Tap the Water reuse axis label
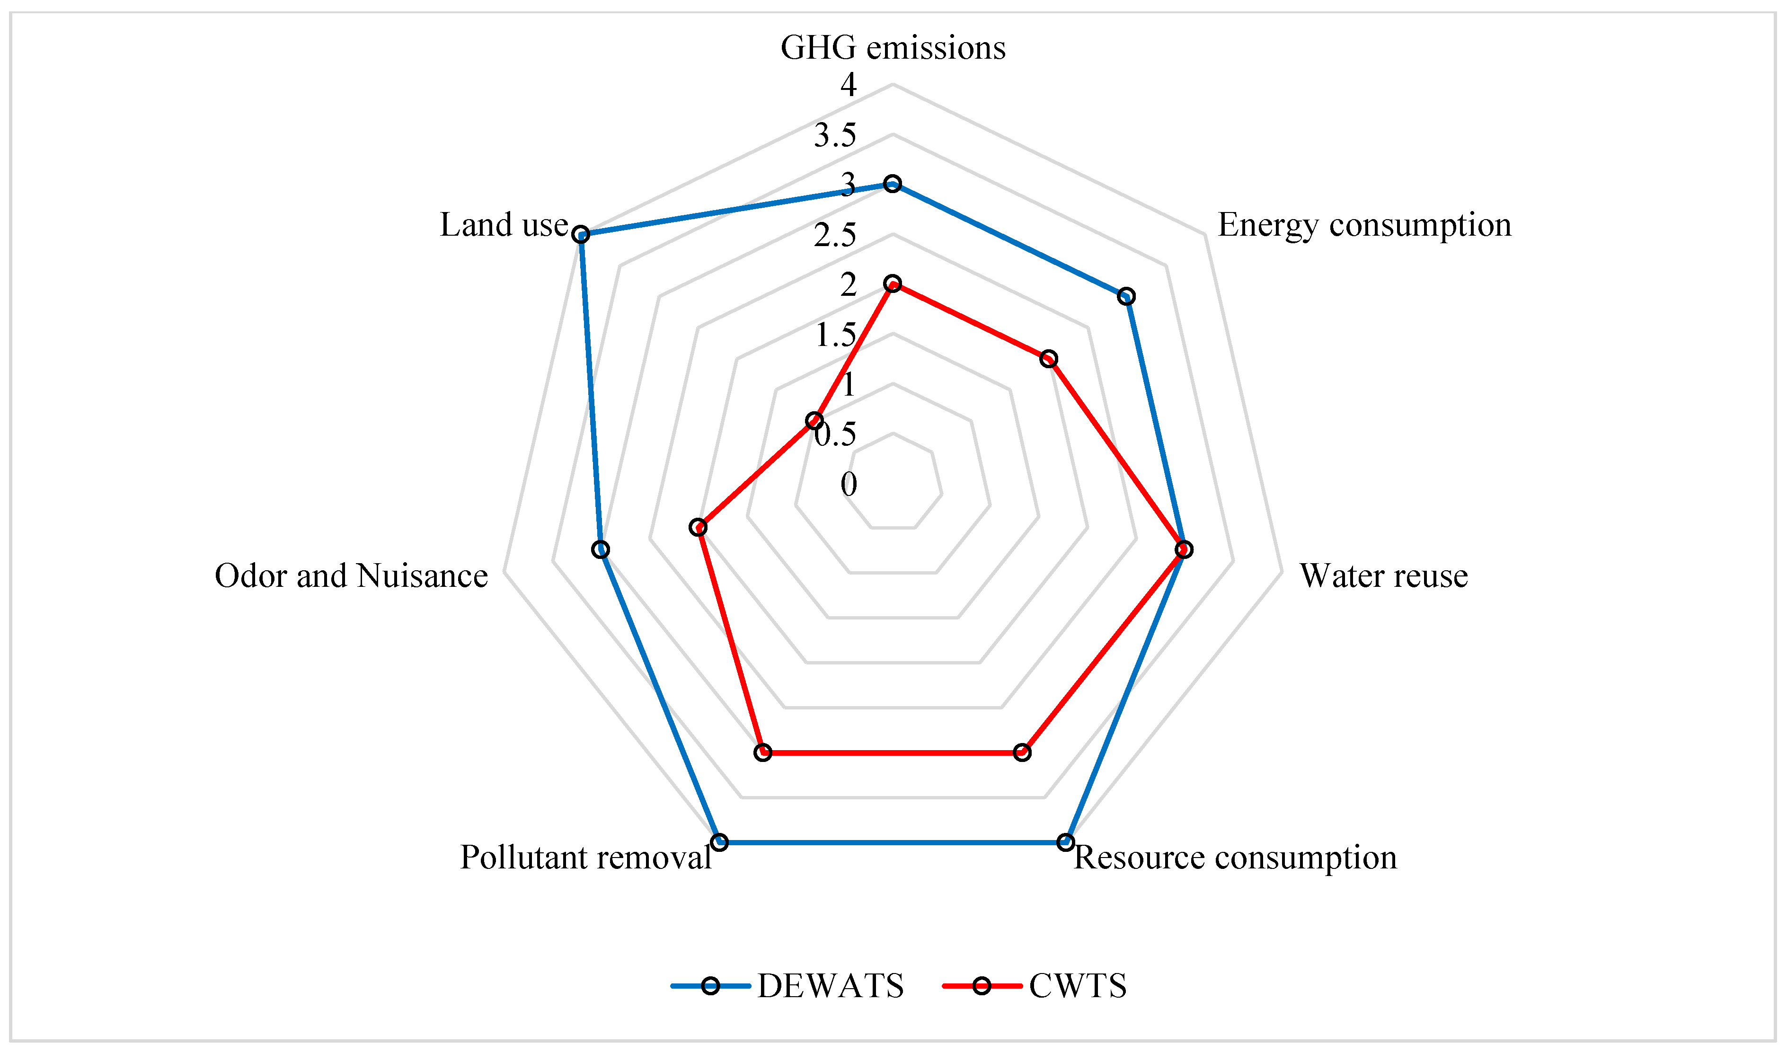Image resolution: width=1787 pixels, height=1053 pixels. click(x=1383, y=576)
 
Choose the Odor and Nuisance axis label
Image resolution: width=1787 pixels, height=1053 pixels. click(x=351, y=576)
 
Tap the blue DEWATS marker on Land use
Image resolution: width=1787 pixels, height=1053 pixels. click(x=581, y=234)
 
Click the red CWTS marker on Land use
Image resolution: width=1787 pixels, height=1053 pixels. click(x=814, y=422)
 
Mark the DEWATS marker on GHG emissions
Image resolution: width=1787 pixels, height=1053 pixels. click(x=893, y=184)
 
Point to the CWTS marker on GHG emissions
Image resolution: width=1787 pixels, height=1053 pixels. click(x=893, y=284)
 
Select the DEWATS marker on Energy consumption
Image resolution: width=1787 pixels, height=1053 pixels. click(x=1126, y=297)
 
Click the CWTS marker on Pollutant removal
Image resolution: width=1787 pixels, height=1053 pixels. click(x=762, y=752)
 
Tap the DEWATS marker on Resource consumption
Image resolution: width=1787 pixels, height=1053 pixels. click(x=1066, y=842)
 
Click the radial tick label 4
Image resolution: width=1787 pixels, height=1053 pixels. click(x=849, y=85)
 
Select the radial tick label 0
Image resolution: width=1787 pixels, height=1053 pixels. click(x=849, y=485)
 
